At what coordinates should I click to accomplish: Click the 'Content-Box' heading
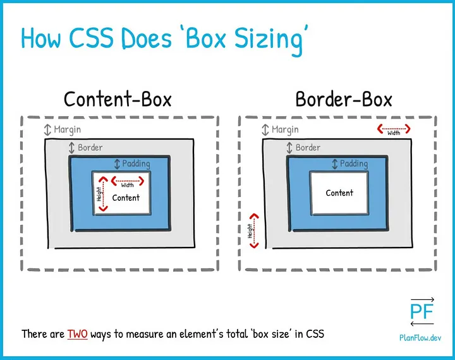coord(118,99)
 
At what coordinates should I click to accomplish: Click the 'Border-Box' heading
coord(343,99)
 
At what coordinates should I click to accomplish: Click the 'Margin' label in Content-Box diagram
coord(67,129)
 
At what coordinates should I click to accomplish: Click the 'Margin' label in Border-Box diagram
coord(284,129)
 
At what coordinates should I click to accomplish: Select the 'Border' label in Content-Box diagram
coord(90,148)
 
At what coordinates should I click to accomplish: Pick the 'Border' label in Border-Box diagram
coord(308,148)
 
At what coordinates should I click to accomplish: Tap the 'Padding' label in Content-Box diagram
coord(136,164)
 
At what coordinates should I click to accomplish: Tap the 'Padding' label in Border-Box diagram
coord(354,164)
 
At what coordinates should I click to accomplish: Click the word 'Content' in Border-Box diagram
coord(339,193)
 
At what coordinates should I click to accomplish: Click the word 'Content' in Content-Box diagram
coord(126,198)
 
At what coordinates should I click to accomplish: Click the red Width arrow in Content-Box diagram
coord(128,181)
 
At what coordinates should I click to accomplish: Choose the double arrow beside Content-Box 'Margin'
coord(47,130)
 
